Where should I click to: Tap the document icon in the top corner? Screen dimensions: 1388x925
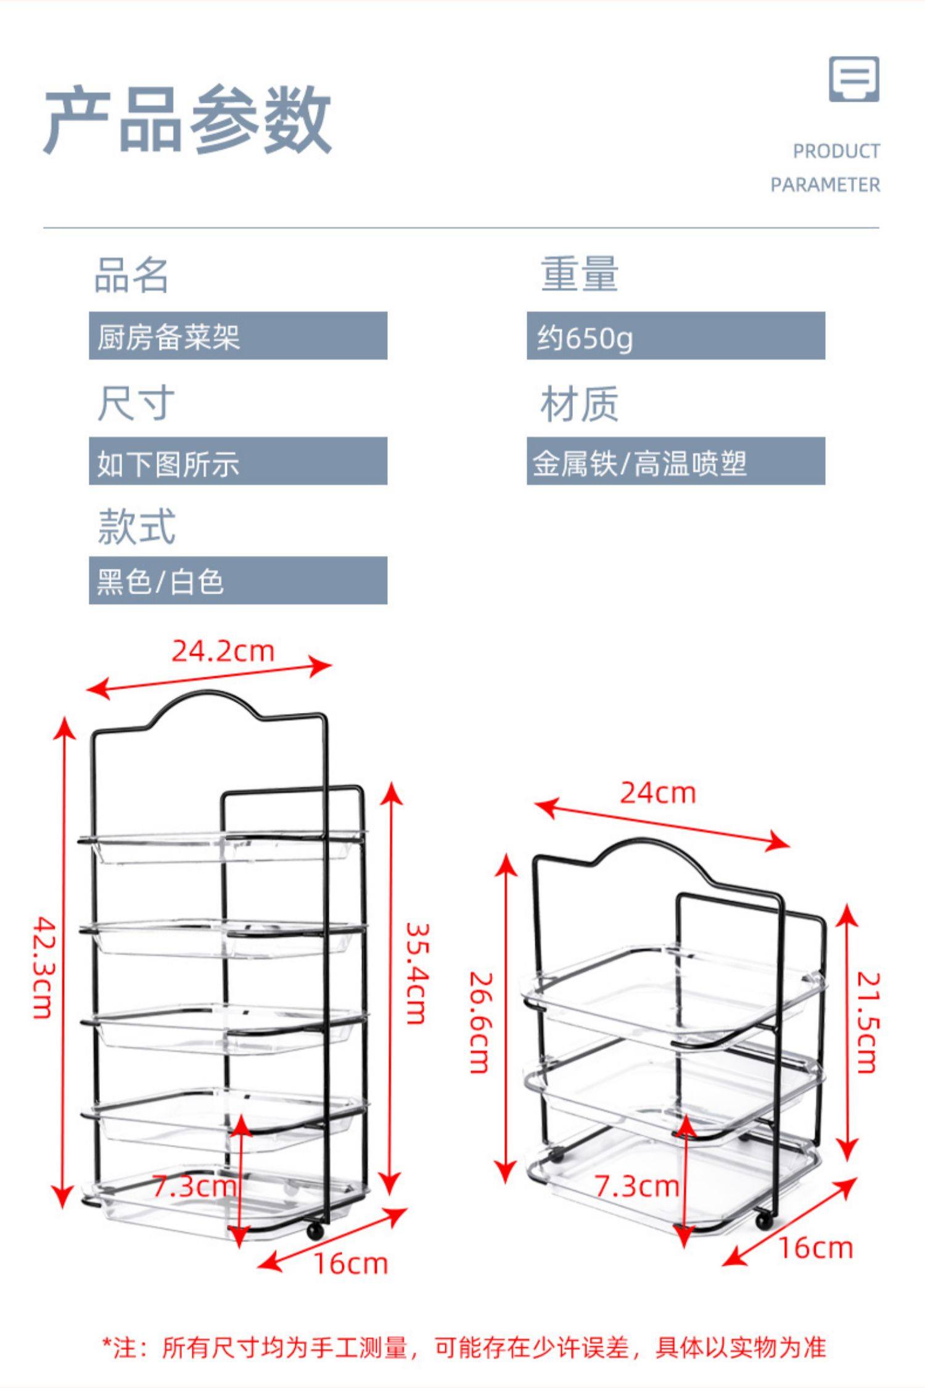click(853, 80)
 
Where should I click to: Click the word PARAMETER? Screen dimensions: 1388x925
click(825, 184)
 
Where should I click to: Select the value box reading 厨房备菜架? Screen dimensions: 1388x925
click(237, 336)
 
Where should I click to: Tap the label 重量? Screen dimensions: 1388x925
click(579, 274)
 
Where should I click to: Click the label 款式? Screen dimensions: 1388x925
click(136, 526)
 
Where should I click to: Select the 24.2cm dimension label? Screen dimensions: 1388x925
click(223, 651)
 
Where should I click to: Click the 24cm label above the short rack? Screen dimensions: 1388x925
click(658, 793)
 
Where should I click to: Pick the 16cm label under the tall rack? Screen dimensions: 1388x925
click(351, 1264)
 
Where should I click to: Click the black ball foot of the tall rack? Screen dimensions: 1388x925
click(315, 1231)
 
